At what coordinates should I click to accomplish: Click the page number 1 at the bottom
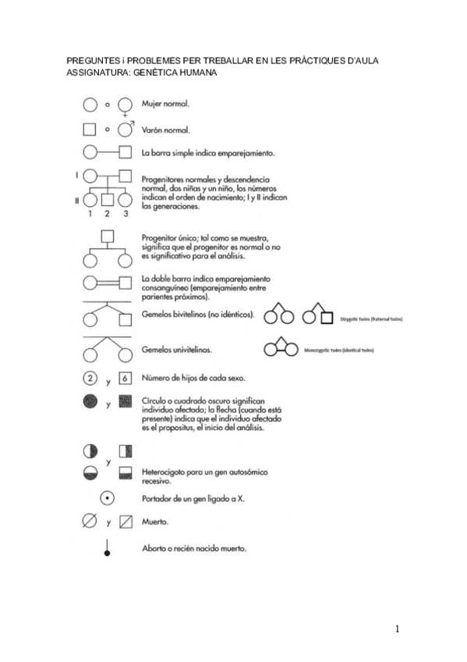tap(397, 629)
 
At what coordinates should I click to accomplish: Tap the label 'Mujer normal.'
tap(165, 103)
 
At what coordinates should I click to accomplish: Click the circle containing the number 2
tap(90, 379)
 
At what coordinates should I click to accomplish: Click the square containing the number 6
tap(126, 379)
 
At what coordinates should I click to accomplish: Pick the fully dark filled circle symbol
tap(90, 403)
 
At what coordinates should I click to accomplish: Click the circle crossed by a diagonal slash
tap(90, 521)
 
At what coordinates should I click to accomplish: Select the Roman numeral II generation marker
tap(76, 201)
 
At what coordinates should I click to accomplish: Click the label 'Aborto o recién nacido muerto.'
tap(194, 549)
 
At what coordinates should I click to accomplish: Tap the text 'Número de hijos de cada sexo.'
tap(193, 379)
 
